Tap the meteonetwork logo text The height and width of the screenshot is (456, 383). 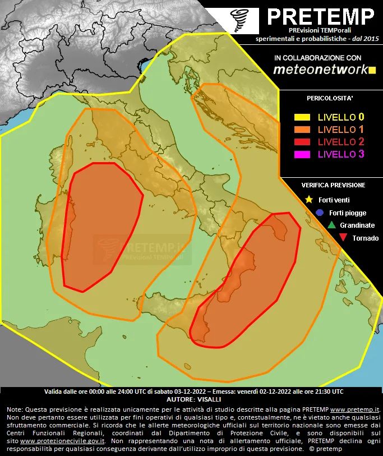(x=320, y=70)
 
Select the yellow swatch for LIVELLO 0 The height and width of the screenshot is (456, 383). (x=302, y=117)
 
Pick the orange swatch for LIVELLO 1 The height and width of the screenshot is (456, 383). (x=302, y=130)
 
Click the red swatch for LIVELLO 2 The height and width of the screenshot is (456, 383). (x=302, y=142)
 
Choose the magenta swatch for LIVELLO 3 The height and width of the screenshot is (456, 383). (x=302, y=154)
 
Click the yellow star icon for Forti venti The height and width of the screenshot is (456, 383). (x=308, y=200)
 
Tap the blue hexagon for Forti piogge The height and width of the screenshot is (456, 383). (x=319, y=213)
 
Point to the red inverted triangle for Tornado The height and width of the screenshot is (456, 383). (x=343, y=238)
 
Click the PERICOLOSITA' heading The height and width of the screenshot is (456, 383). (x=330, y=98)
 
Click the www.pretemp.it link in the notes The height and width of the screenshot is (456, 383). (x=359, y=410)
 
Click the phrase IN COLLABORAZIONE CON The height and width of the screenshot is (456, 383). (x=317, y=58)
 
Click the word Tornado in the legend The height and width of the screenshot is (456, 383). (x=365, y=238)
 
